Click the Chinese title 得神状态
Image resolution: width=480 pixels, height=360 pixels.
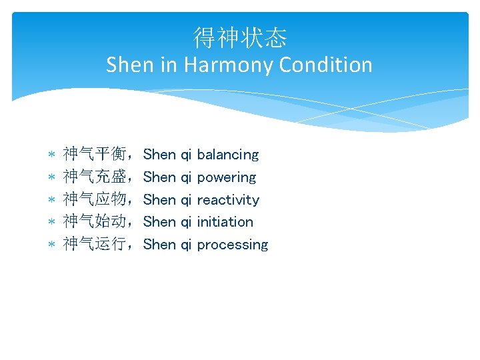pos(239,38)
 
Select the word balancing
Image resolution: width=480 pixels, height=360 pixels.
pos(228,155)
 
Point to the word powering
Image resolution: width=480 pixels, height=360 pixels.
pos(227,177)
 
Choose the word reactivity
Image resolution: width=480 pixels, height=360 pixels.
pos(228,199)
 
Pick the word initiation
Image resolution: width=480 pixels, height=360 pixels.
pos(225,222)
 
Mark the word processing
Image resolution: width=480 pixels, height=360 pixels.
pos(233,245)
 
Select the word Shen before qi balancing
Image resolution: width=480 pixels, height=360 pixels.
pos(160,155)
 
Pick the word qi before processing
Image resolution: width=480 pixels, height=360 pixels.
pos(187,245)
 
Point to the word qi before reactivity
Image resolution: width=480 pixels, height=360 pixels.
pos(187,199)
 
